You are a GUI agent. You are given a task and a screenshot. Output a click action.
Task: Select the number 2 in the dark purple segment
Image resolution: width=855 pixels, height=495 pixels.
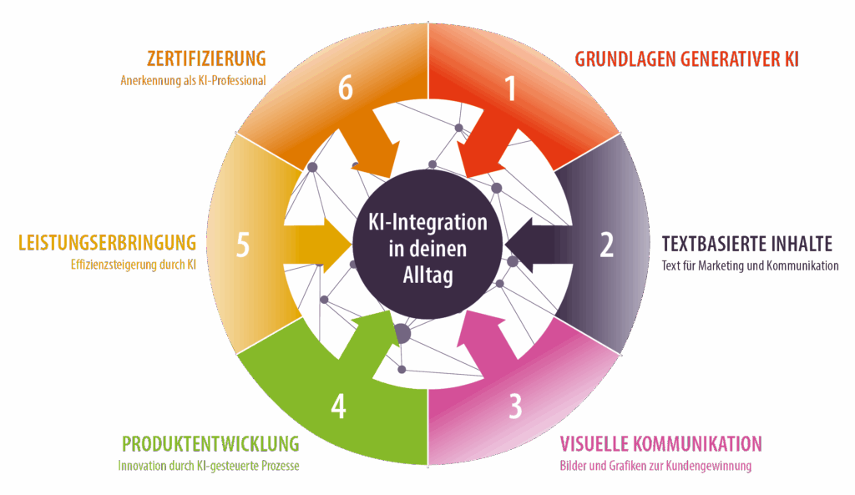[607, 244]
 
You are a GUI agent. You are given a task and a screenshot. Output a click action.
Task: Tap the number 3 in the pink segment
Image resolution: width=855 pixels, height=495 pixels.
[515, 406]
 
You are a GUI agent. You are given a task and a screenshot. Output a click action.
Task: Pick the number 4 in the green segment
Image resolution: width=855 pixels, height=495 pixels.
[338, 406]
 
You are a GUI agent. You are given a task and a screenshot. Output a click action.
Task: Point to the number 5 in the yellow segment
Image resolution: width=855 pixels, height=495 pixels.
[243, 245]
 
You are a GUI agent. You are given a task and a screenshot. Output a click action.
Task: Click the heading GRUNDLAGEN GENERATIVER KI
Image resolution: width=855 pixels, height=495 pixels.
[688, 59]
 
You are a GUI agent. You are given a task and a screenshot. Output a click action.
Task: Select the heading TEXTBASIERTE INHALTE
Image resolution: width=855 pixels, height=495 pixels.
[747, 244]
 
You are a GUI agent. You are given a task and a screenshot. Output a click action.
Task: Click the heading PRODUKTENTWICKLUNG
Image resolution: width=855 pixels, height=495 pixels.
[210, 442]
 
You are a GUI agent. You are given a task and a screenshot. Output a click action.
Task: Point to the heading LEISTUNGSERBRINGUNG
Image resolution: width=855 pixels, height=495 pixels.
[108, 243]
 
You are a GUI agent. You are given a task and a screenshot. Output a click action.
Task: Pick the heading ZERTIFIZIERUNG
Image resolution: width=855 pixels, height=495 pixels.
[205, 58]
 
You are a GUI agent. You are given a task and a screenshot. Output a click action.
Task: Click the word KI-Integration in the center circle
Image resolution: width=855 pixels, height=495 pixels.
[427, 223]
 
